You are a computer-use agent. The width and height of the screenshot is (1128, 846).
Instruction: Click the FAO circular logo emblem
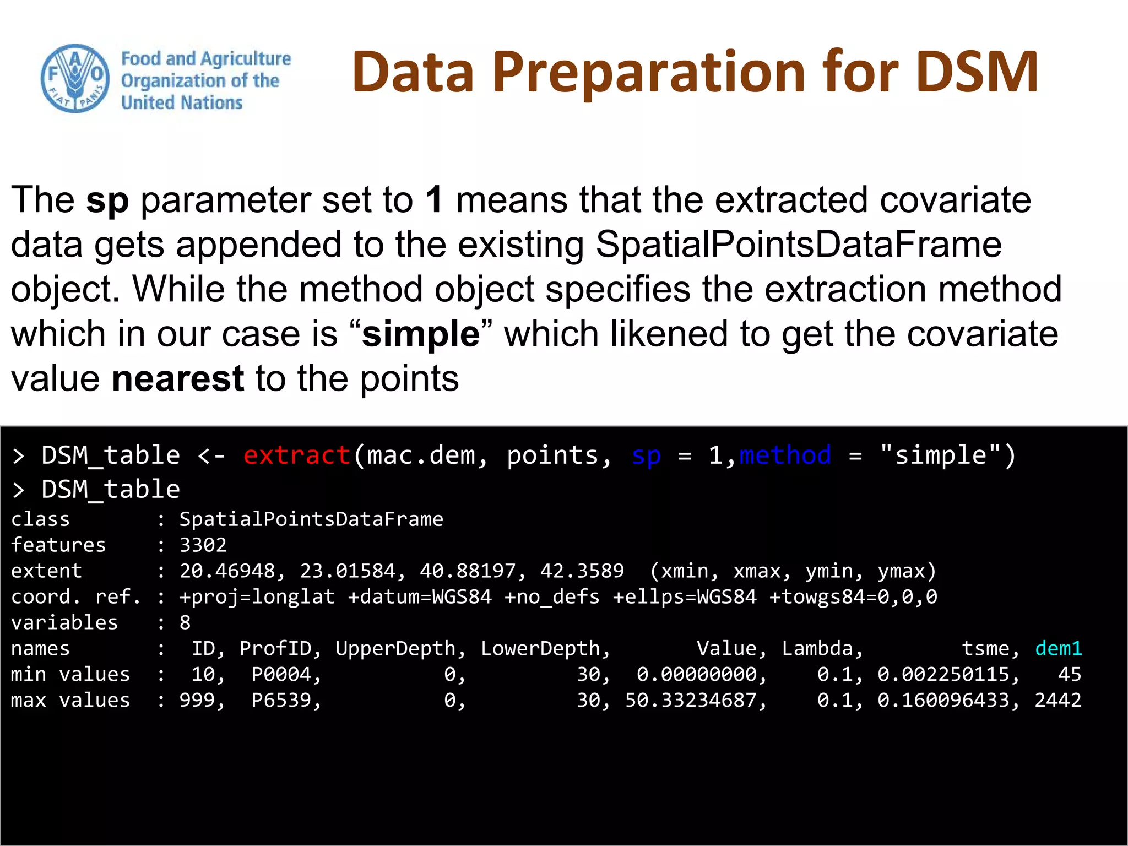pyautogui.click(x=75, y=79)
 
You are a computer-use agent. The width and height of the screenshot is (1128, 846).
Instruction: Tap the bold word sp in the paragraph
pyautogui.click(x=107, y=200)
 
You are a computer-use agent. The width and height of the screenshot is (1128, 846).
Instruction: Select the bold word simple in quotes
pyautogui.click(x=421, y=334)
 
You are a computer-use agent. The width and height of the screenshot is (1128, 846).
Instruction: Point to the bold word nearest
pyautogui.click(x=177, y=379)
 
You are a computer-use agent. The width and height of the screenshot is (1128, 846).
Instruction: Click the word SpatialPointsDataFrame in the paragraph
pyautogui.click(x=799, y=245)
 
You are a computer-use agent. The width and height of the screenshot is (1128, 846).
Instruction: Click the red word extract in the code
pyautogui.click(x=296, y=455)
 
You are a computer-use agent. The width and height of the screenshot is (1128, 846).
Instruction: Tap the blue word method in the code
pyautogui.click(x=785, y=455)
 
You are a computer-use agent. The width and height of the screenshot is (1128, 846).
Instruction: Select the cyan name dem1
pyautogui.click(x=1058, y=648)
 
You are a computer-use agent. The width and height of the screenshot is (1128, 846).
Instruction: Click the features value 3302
pyautogui.click(x=203, y=545)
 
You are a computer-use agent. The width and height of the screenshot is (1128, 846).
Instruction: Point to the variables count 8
pyautogui.click(x=185, y=623)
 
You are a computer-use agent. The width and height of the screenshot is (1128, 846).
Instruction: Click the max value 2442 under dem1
pyautogui.click(x=1058, y=700)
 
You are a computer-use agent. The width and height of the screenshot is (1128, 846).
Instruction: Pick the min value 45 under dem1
pyautogui.click(x=1070, y=674)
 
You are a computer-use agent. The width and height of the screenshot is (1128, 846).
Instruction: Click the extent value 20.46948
pyautogui.click(x=227, y=571)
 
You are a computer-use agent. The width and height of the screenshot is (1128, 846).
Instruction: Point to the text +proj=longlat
pyautogui.click(x=257, y=597)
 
